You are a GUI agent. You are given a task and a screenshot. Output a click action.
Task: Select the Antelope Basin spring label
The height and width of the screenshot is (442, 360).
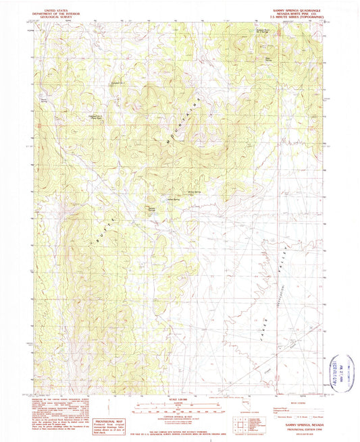coord(262,31)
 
